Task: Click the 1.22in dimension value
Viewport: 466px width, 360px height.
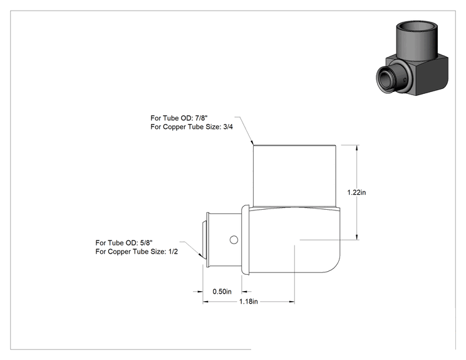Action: point(356,192)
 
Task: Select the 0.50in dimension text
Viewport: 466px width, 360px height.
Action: point(222,292)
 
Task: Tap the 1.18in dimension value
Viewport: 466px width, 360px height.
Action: point(249,302)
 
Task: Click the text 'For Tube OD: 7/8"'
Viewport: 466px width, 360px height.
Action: point(179,118)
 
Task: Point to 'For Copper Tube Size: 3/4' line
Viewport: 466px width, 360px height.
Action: point(192,127)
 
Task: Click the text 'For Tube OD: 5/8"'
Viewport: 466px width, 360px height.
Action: point(124,243)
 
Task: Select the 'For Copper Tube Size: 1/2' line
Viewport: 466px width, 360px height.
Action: point(137,252)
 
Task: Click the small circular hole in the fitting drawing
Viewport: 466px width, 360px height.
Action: point(234,240)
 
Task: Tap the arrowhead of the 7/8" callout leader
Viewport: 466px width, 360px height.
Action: point(252,143)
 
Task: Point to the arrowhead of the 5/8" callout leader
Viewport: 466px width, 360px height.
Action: point(200,255)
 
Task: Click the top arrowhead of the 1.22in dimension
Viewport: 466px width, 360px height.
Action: point(357,148)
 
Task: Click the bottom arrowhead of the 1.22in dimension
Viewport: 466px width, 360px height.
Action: point(357,237)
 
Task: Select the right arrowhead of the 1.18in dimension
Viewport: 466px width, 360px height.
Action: point(292,302)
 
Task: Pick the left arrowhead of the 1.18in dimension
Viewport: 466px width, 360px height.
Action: point(205,302)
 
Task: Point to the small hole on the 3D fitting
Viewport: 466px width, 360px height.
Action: point(405,80)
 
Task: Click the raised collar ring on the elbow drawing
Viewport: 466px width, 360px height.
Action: point(245,240)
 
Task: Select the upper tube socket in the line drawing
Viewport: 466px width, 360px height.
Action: point(294,175)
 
